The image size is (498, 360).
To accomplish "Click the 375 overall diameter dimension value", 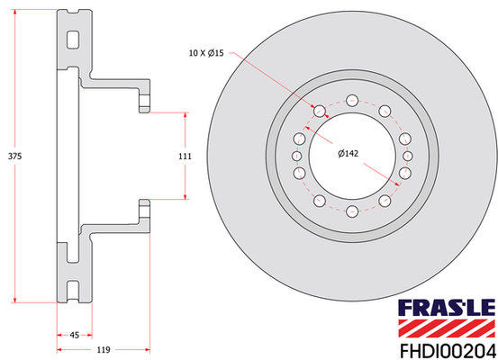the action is point(14,157).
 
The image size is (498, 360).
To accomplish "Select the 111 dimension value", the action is point(185,157).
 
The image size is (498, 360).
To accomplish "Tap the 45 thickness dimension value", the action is point(75,335).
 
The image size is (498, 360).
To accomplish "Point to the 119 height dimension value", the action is point(104,350).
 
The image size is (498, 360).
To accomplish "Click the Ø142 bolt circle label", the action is point(349,154).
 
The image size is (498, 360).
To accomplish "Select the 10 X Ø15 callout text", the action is point(206,53).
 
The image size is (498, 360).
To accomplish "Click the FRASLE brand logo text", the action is point(447,307).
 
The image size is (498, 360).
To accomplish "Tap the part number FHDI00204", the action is point(448,351).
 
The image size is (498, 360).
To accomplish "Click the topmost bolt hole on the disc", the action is point(352,101).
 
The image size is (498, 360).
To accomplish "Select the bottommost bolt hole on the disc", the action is point(352,211).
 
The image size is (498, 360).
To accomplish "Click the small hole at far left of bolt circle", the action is point(296,156).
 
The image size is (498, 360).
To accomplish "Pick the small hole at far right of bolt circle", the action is point(407,156).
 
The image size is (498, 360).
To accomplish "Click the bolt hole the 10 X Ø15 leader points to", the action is point(320,111).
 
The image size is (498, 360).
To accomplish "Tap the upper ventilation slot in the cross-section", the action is point(73,40).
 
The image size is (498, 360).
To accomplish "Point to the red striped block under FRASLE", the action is point(447,328).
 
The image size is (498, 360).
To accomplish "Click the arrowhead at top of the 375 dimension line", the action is point(14,13).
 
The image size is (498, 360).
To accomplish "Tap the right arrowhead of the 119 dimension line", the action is point(147,350).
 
